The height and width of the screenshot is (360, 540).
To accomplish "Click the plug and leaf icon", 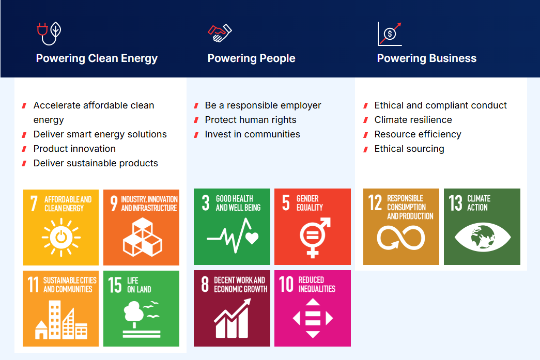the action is click(x=49, y=34).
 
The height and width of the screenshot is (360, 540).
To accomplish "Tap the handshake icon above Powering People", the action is click(x=220, y=33).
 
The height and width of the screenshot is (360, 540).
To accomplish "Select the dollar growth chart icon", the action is click(x=390, y=34).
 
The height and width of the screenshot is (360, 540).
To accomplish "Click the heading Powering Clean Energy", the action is click(x=97, y=58).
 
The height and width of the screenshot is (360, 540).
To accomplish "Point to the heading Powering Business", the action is click(x=427, y=58).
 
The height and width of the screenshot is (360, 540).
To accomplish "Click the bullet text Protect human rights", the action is click(x=251, y=120).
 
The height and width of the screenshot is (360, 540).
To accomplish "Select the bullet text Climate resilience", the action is click(x=413, y=120).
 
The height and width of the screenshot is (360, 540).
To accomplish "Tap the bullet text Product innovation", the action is click(x=74, y=149).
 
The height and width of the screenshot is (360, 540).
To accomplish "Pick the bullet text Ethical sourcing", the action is click(x=409, y=149).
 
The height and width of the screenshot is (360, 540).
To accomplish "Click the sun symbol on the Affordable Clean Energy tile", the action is click(x=61, y=238).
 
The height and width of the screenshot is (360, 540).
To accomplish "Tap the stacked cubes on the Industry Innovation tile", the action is click(x=142, y=237).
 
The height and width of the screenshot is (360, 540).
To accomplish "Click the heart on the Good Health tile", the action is click(x=252, y=237).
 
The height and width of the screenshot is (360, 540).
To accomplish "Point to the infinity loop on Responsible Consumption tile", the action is click(x=401, y=238).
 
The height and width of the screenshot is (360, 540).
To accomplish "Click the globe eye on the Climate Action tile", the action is click(x=483, y=237).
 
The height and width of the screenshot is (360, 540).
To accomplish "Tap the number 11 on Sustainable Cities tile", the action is click(x=34, y=285).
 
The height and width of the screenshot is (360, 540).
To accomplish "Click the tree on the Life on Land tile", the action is click(x=134, y=312).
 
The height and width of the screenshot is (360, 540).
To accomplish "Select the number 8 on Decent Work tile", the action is click(x=205, y=284).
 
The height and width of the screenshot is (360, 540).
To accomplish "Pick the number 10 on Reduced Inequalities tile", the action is click(x=286, y=284).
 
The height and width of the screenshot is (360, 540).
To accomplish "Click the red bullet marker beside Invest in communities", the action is click(x=196, y=135).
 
